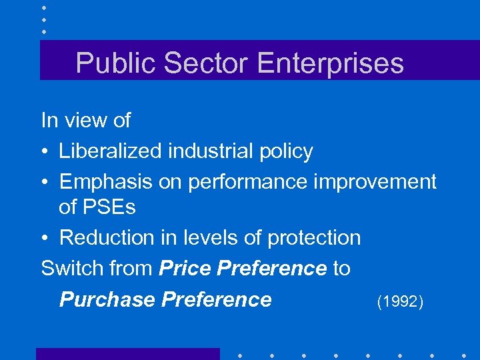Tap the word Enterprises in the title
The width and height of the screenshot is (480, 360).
pos(330,63)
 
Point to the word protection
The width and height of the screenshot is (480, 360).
pos(313,238)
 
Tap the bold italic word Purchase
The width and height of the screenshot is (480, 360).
pos(108,299)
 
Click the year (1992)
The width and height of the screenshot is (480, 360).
pos(400,302)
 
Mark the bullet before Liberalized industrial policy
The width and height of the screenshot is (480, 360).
pos(45,152)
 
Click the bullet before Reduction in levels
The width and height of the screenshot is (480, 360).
pos(45,238)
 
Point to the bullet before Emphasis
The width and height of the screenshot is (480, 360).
pos(45,182)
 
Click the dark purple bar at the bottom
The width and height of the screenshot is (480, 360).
pos(127,353)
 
